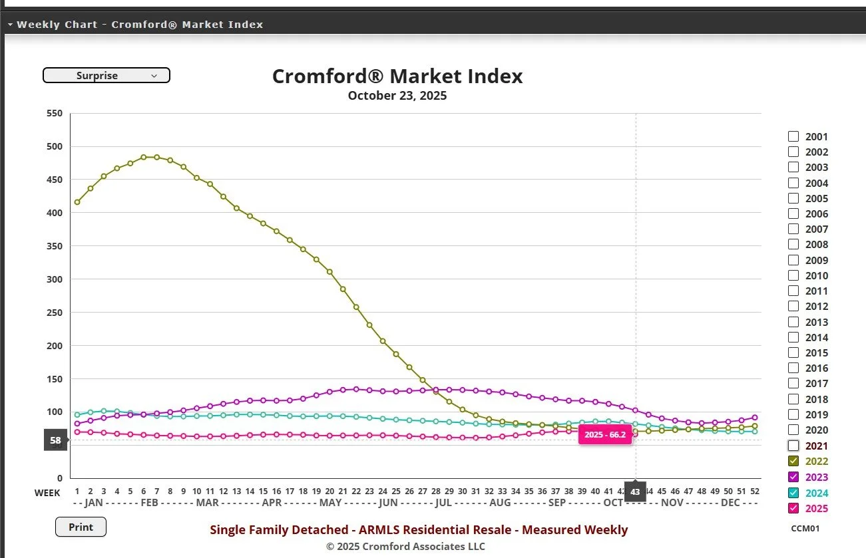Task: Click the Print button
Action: (x=81, y=527)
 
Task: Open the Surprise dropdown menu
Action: (x=107, y=76)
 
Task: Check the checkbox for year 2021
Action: (x=793, y=446)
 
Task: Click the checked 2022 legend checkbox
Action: (x=793, y=461)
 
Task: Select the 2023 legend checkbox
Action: (x=793, y=477)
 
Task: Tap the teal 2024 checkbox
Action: (x=793, y=493)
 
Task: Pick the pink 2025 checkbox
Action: (x=793, y=509)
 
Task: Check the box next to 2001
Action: (x=793, y=136)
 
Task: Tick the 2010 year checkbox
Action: (x=793, y=275)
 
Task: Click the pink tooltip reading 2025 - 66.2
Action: (x=604, y=434)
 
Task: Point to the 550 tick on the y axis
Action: (x=55, y=114)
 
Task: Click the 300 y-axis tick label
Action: (x=55, y=279)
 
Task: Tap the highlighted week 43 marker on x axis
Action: (x=635, y=492)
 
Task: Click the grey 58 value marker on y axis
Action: (x=55, y=440)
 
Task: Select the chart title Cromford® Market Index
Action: (x=397, y=76)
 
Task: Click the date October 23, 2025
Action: (x=397, y=96)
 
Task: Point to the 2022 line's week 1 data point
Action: (x=77, y=202)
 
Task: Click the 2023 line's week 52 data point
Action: (x=754, y=418)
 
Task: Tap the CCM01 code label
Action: (x=805, y=529)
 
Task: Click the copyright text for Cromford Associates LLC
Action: (x=405, y=547)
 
